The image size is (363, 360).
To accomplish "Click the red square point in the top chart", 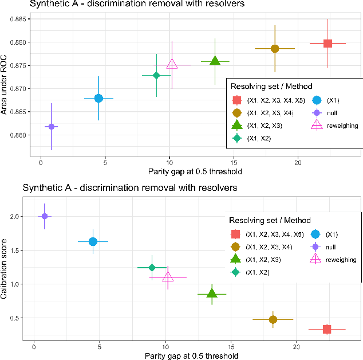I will (x=328, y=44).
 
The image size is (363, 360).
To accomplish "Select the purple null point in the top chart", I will (x=52, y=126).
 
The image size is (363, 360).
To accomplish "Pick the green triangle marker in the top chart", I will (x=215, y=61).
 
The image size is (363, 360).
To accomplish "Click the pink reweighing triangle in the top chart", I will (x=172, y=64).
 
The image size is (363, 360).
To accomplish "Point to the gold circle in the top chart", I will (x=275, y=49).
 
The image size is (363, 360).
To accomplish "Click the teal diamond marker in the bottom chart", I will (x=152, y=268).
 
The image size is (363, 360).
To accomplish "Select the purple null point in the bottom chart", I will (x=45, y=216).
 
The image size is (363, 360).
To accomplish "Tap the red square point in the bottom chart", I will (x=327, y=329).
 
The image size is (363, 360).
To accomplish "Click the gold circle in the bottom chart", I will (x=273, y=319).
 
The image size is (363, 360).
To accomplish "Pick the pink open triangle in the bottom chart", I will (x=168, y=277).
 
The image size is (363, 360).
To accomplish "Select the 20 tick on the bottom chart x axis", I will (x=297, y=347).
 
